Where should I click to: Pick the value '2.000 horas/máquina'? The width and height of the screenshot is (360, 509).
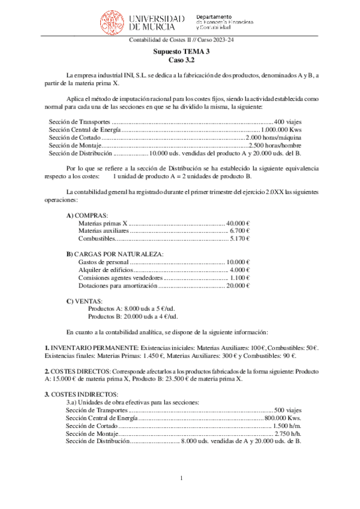tap(274, 137)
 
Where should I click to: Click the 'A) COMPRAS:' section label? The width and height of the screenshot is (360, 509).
tap(87, 215)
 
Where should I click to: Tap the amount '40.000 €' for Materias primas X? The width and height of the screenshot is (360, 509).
tap(238, 223)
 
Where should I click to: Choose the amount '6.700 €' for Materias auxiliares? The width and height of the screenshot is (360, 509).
tap(240, 230)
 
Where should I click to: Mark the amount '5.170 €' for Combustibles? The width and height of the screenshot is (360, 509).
tap(240, 238)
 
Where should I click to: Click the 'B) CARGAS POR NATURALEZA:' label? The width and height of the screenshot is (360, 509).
tap(115, 254)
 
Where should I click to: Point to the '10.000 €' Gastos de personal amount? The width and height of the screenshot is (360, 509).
tap(238, 262)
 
